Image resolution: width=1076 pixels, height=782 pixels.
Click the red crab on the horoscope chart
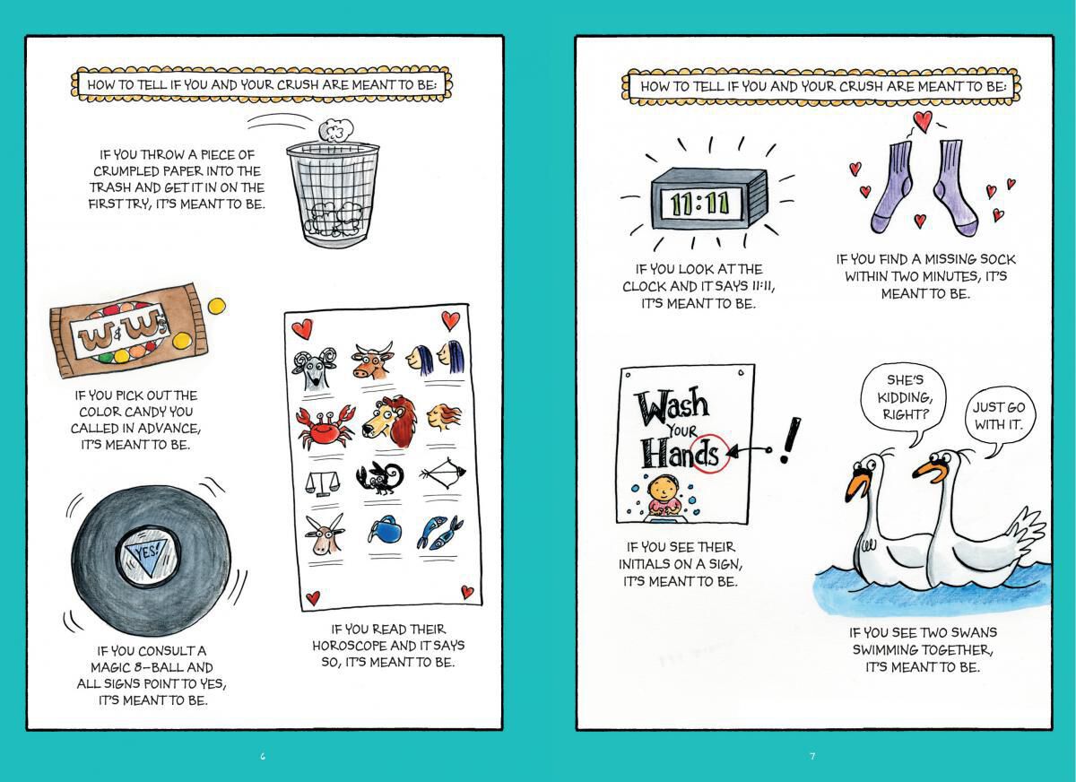[x=326, y=424]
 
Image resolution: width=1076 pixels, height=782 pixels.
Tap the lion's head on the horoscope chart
[x=387, y=421]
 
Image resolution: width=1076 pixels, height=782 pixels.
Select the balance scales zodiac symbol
[x=322, y=483]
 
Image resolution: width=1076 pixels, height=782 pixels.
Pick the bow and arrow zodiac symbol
[x=442, y=474]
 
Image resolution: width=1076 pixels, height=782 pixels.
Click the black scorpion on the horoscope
[x=379, y=478]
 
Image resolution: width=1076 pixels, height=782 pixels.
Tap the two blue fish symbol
[x=439, y=532]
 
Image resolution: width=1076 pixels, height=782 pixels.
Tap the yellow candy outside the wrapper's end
[x=216, y=306]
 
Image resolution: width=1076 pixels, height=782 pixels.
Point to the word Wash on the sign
[x=672, y=405]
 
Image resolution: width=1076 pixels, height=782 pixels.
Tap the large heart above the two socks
[x=923, y=122]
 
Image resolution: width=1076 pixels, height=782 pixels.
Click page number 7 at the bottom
[x=812, y=756]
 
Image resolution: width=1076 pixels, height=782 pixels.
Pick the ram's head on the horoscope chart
[x=314, y=369]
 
